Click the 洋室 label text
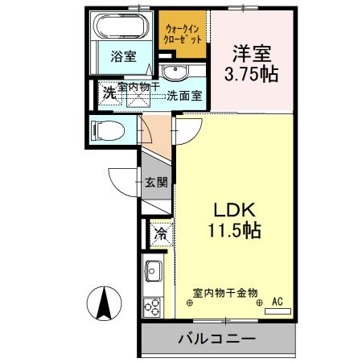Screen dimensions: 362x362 pos(249,54)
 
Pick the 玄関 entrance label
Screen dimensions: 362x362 pos(156,183)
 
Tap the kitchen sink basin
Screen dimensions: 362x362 pos(153,269)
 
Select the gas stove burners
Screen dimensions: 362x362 pos(152,306)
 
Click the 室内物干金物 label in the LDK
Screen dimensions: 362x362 pos(225,293)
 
